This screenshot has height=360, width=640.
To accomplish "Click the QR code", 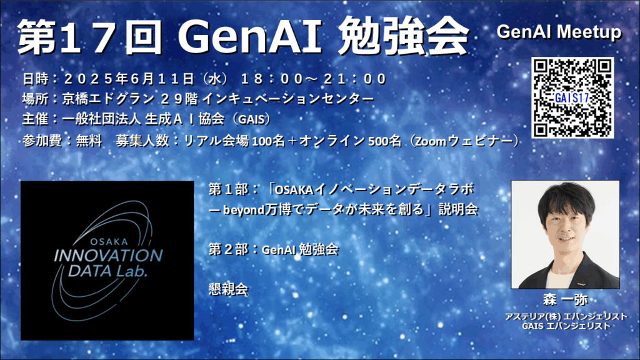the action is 572,97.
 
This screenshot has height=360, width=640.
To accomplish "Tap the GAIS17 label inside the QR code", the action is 572,98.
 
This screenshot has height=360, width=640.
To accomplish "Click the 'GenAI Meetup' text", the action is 559,32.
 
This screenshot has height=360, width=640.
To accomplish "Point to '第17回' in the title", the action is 90,37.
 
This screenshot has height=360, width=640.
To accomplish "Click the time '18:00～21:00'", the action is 314,79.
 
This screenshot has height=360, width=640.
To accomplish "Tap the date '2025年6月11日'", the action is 129,79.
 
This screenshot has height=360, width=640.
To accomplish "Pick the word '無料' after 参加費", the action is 89,141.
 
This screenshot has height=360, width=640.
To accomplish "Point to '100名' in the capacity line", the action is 268,141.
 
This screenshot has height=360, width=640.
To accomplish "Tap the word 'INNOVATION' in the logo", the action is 109,256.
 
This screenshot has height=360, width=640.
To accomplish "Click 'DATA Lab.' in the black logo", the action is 107,271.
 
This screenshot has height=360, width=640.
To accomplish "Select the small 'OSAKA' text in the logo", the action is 109,242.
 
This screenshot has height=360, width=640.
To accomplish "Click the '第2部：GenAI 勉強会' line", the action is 274,249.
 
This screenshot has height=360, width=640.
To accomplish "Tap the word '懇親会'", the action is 228,289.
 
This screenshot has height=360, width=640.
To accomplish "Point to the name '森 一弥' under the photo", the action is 565,300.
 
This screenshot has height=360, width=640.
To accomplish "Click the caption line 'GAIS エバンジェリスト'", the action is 566,326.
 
